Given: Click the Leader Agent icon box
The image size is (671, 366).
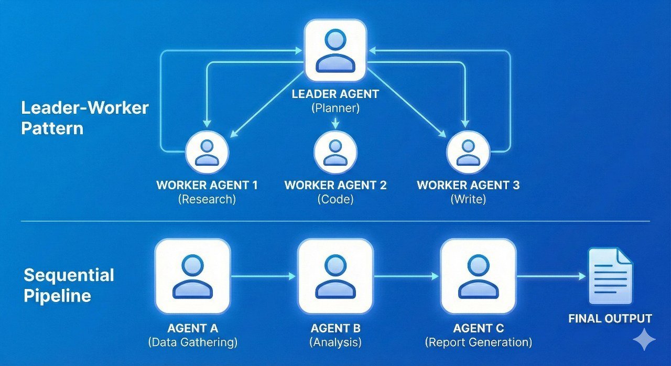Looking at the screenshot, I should pyautogui.click(x=335, y=50).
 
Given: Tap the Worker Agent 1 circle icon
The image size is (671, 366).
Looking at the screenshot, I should pyautogui.click(x=207, y=152).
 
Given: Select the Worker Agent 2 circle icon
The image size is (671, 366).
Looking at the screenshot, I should pyautogui.click(x=335, y=152).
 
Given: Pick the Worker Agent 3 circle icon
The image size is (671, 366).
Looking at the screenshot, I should pyautogui.click(x=468, y=152).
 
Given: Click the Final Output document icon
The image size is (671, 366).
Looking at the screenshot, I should pyautogui.click(x=610, y=276).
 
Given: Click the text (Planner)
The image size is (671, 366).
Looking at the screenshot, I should pyautogui.click(x=335, y=109).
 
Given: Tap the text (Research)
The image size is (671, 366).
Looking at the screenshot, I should pyautogui.click(x=207, y=199).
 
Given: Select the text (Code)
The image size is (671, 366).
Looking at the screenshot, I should pyautogui.click(x=335, y=199).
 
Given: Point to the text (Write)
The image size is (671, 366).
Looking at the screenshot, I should pyautogui.click(x=468, y=199).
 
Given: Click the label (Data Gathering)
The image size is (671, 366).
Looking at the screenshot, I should pyautogui.click(x=193, y=342).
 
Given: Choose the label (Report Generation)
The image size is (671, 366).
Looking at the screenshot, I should pyautogui.click(x=478, y=342).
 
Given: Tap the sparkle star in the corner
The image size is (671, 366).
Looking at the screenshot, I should pyautogui.click(x=644, y=340).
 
